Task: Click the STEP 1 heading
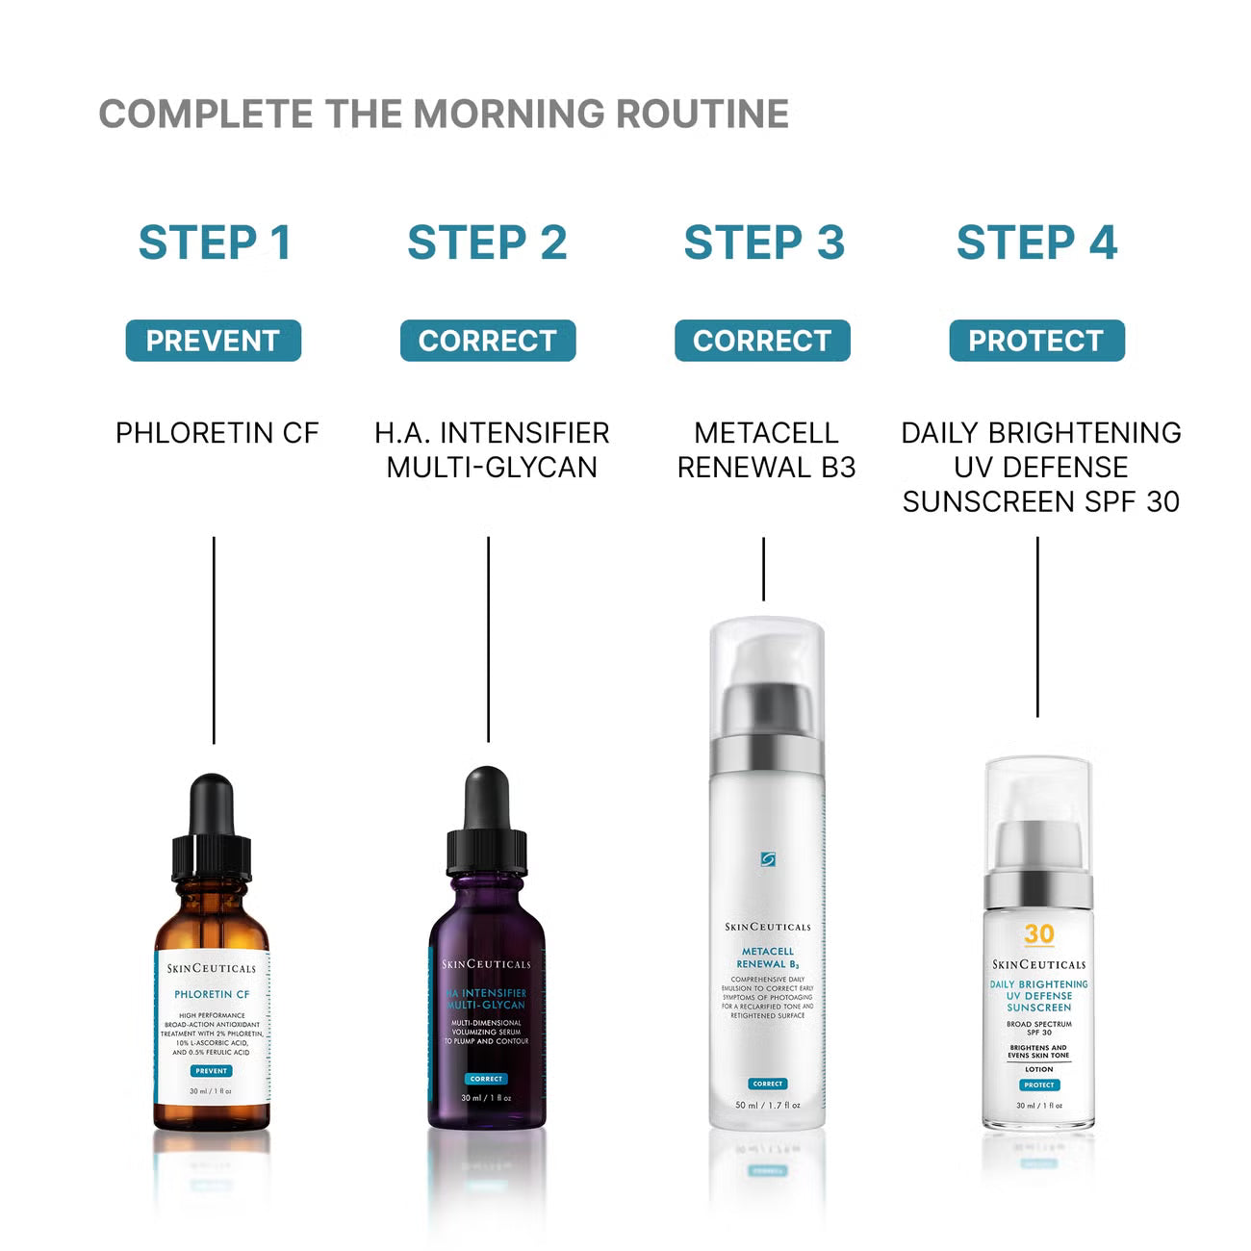(x=215, y=243)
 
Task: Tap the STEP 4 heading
(x=1036, y=243)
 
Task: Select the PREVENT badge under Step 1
(x=213, y=341)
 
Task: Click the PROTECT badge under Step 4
(x=1036, y=341)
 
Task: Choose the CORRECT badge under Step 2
(x=488, y=341)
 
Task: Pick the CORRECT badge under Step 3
(x=762, y=341)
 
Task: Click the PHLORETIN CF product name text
(x=217, y=433)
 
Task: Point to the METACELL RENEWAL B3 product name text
(x=766, y=450)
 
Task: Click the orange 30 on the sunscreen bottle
(x=1038, y=934)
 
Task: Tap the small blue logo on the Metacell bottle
(x=767, y=859)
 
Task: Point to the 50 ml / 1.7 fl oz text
(x=767, y=1105)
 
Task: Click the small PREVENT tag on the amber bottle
(x=211, y=1071)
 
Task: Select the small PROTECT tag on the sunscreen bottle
(x=1038, y=1085)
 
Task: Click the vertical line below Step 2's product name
(x=488, y=640)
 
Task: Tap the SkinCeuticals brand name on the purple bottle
(x=486, y=964)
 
